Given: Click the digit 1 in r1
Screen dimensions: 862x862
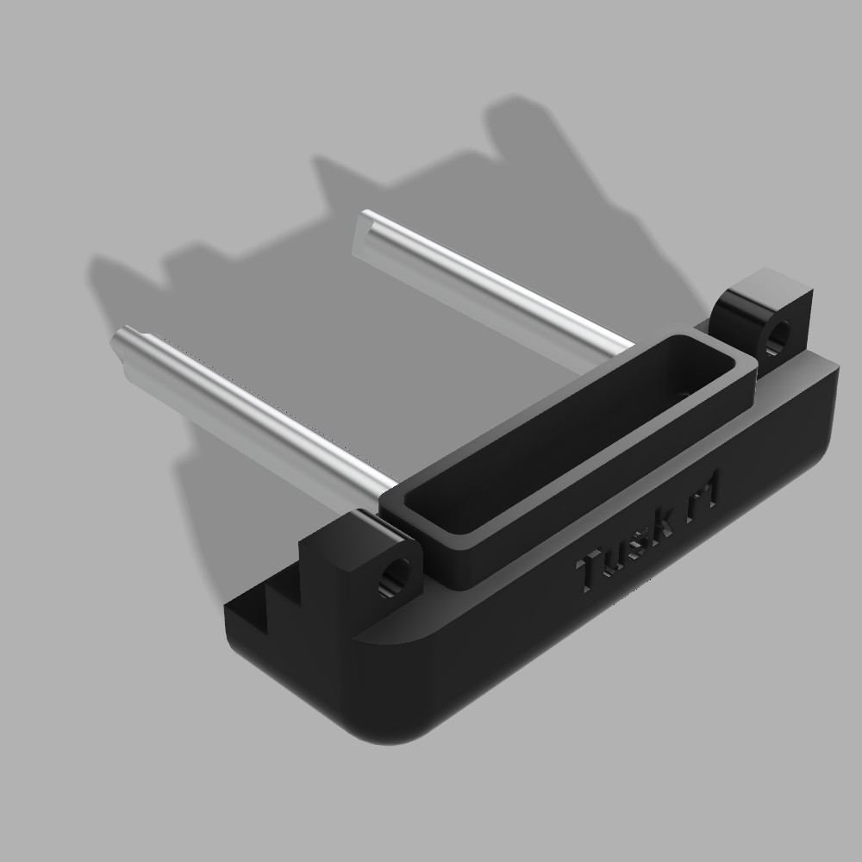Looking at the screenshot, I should tap(715, 489).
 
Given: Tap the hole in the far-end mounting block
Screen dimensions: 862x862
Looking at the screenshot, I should tap(779, 334).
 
